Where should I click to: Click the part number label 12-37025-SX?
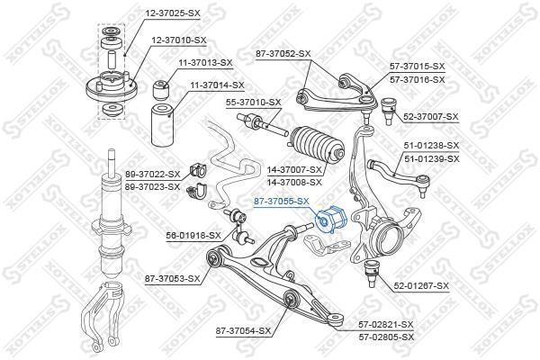click(173, 13)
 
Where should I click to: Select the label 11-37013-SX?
click(205, 63)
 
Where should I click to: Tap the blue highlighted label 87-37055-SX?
click(282, 202)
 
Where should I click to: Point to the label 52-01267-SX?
click(421, 285)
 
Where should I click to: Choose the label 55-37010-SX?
click(254, 103)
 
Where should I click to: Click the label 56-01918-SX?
click(193, 236)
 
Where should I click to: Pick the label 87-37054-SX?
click(243, 331)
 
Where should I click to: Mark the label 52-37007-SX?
click(431, 117)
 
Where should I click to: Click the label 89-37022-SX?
click(153, 175)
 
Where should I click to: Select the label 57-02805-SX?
click(386, 337)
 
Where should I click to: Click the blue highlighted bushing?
click(331, 220)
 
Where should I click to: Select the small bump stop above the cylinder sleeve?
click(161, 90)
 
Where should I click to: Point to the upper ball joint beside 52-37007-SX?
click(390, 110)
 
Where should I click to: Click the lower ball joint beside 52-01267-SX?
click(372, 274)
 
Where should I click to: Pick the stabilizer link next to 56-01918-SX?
click(239, 226)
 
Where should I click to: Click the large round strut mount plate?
click(112, 87)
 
